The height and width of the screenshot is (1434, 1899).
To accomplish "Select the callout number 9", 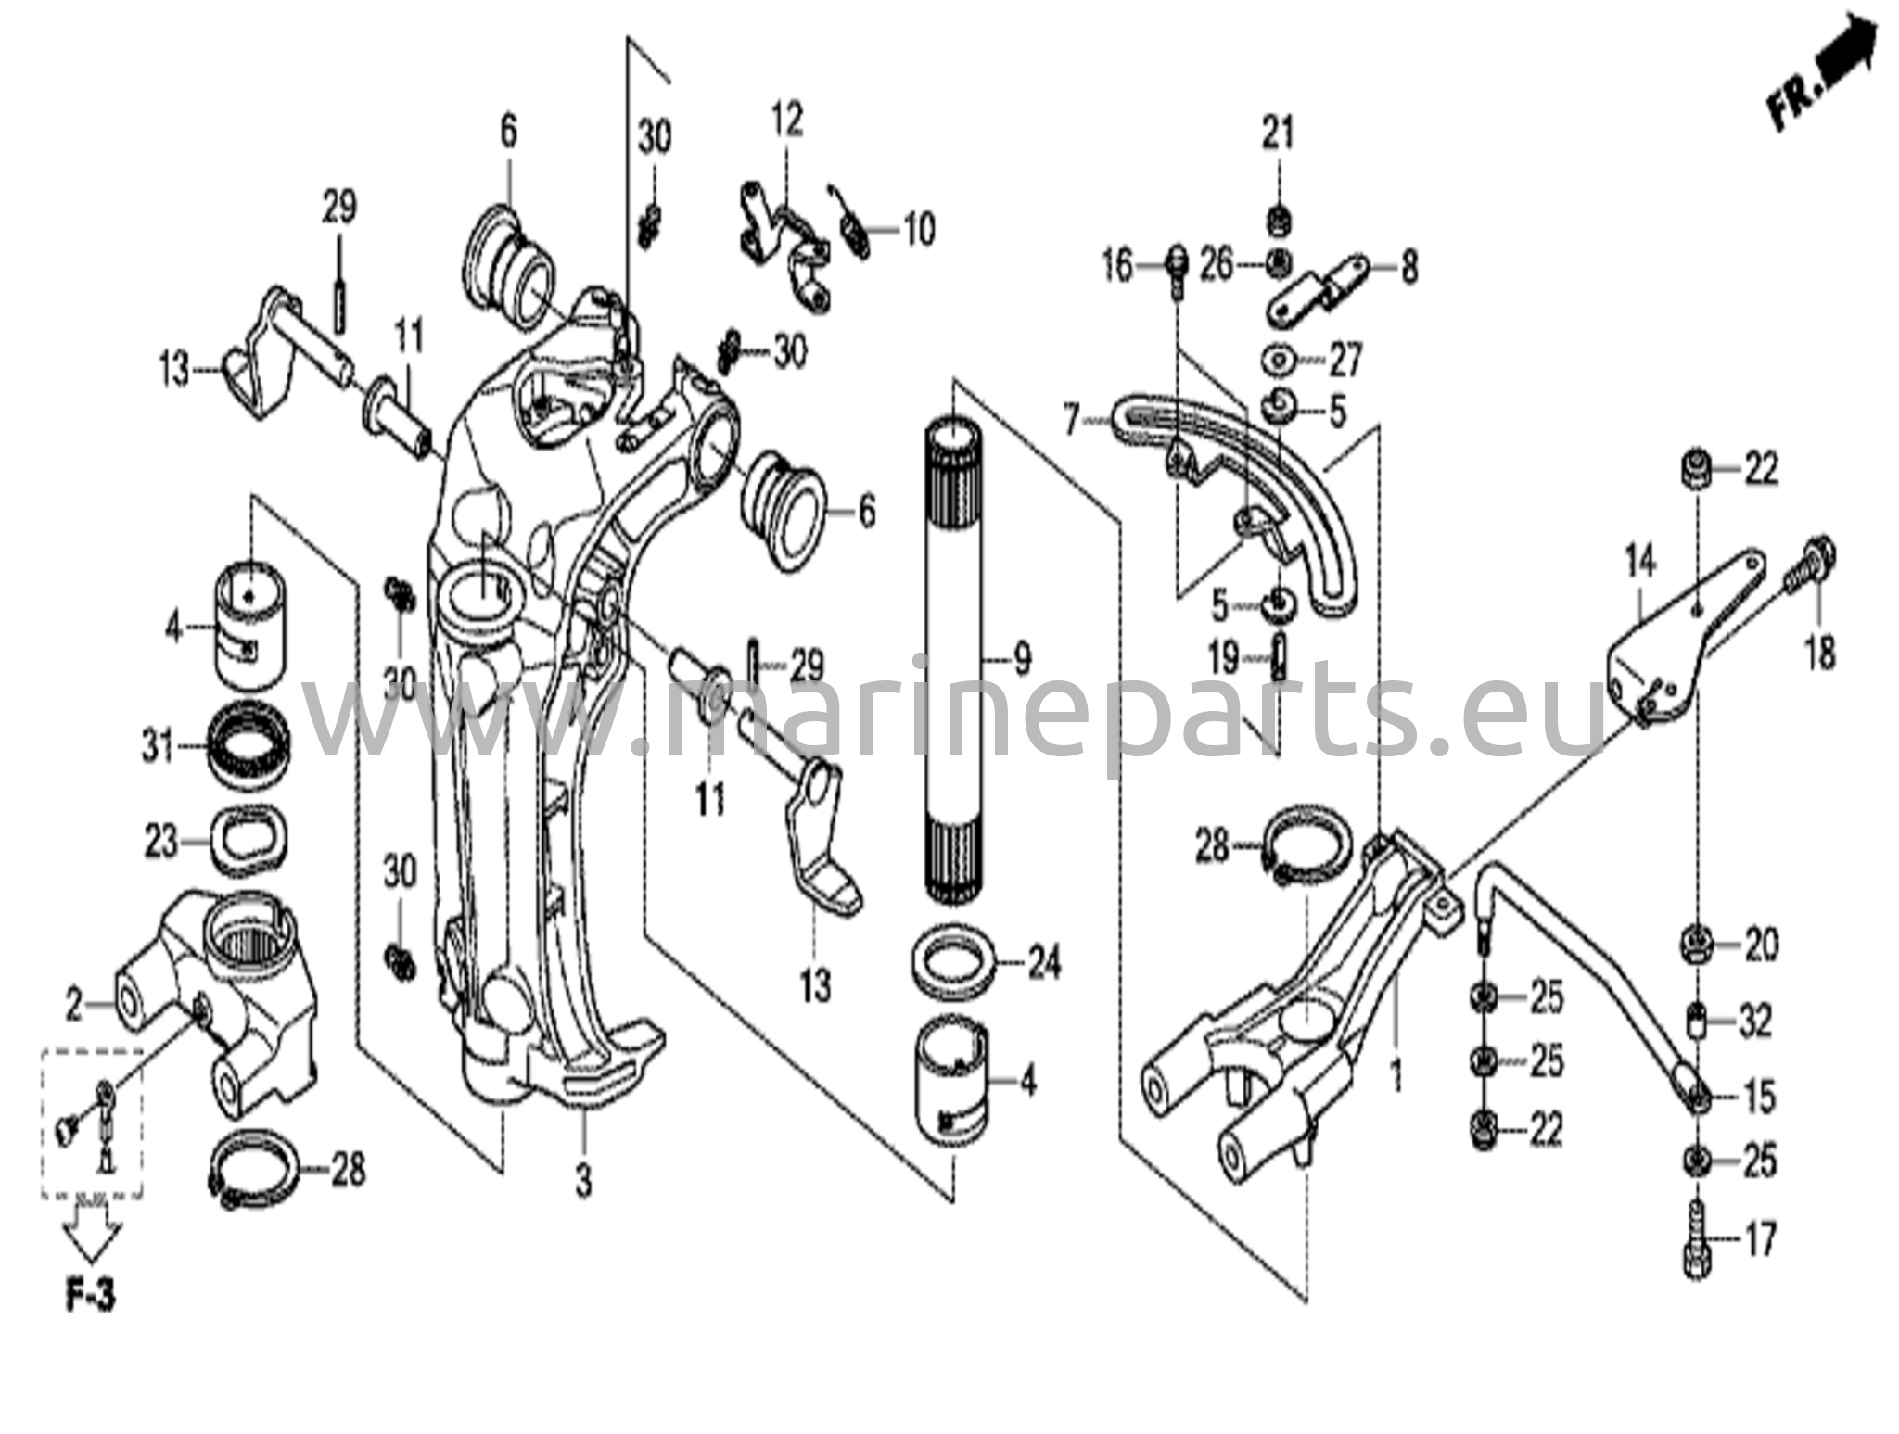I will click(x=1021, y=660).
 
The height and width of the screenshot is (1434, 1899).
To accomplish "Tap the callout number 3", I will click(x=582, y=1182).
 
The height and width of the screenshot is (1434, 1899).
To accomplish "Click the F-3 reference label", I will click(x=91, y=1296).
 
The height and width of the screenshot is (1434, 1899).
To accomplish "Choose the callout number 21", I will click(x=1277, y=135).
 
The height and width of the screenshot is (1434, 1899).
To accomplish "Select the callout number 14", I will click(x=1638, y=563).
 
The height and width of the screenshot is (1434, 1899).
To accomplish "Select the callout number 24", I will click(x=1043, y=965).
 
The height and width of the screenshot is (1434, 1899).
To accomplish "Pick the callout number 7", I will click(x=1072, y=422).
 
